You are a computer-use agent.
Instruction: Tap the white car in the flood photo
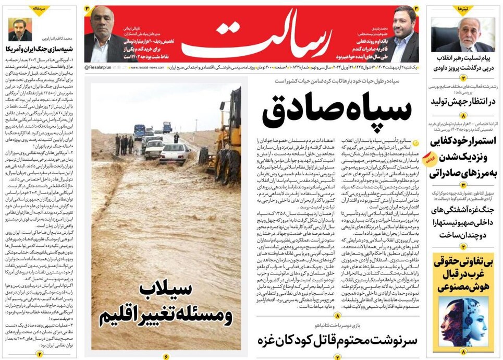point(174,154)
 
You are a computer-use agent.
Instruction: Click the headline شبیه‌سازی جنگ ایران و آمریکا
point(39,50)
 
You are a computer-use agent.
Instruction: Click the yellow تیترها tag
point(462,9)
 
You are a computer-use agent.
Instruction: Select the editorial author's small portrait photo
point(20,30)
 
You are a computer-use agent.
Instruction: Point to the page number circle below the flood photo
point(166,356)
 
